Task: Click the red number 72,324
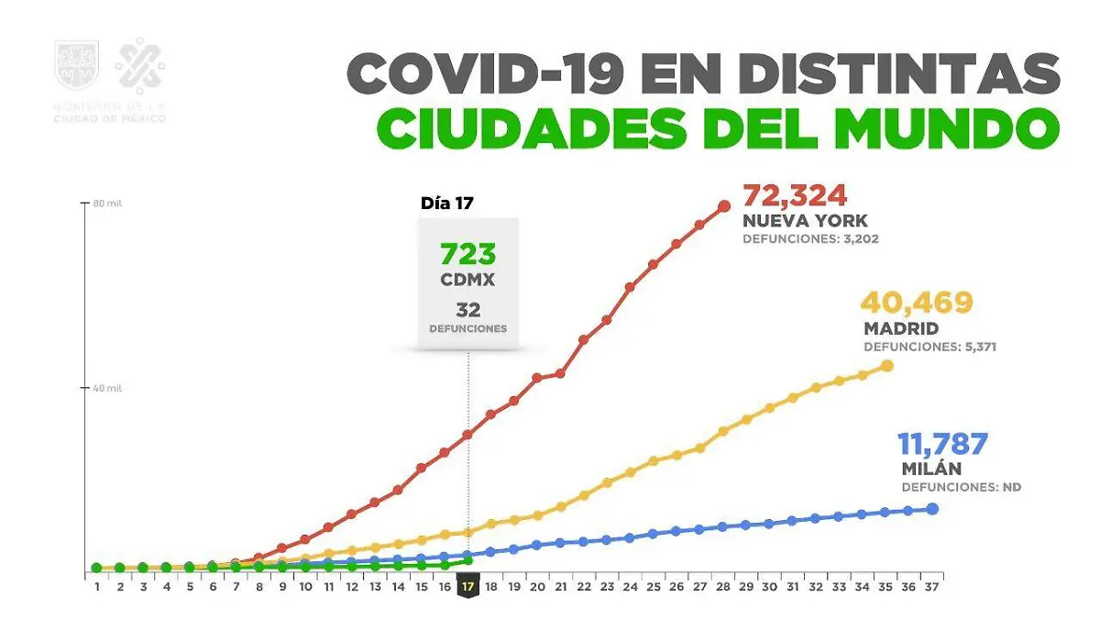pyautogui.click(x=795, y=195)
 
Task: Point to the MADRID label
pyautogui.click(x=901, y=328)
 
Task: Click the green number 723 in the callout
pyautogui.click(x=468, y=254)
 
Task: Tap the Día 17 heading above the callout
pyautogui.click(x=447, y=204)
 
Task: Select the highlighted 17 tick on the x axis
pyautogui.click(x=467, y=586)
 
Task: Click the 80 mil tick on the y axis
pyautogui.click(x=107, y=204)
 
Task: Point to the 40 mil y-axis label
pyautogui.click(x=107, y=388)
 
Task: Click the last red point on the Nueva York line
pyautogui.click(x=724, y=205)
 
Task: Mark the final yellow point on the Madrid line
pyautogui.click(x=886, y=366)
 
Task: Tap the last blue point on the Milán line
pyautogui.click(x=932, y=508)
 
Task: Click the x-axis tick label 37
pyautogui.click(x=931, y=586)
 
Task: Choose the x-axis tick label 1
pyautogui.click(x=97, y=586)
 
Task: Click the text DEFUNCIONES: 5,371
pyautogui.click(x=929, y=348)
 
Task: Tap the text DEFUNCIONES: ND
pyautogui.click(x=961, y=487)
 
